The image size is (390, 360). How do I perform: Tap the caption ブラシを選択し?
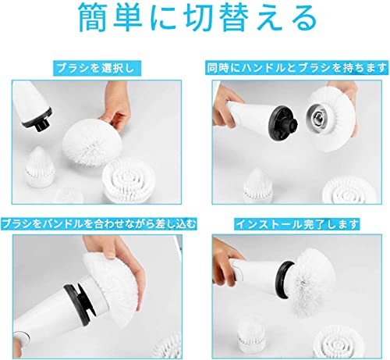(x=96, y=69)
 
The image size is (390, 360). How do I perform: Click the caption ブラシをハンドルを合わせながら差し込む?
(x=98, y=224)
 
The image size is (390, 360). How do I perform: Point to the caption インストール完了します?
(x=297, y=224)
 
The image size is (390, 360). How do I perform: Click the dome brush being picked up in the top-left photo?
(x=92, y=143)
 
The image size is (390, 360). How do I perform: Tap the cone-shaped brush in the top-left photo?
(x=40, y=168)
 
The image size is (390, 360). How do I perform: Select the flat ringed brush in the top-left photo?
(x=128, y=180)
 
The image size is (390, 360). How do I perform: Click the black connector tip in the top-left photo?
(x=41, y=123)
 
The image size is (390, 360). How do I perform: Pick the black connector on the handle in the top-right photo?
(x=283, y=124)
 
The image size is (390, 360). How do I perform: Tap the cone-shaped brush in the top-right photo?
(x=257, y=186)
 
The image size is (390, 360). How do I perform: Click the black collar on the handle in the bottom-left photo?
(x=80, y=302)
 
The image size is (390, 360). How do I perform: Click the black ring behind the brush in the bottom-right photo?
(x=285, y=280)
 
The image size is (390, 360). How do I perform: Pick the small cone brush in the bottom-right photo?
(x=251, y=336)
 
